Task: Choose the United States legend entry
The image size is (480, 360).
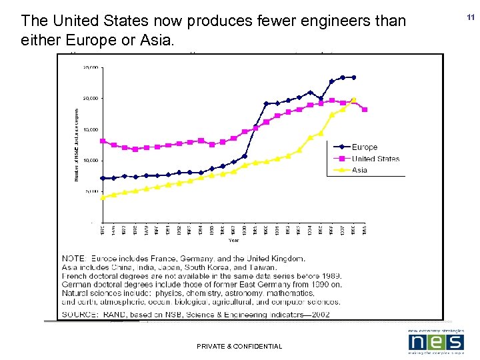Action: point(375,159)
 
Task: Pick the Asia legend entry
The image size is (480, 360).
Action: point(359,170)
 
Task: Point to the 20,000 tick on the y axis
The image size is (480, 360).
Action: point(91,98)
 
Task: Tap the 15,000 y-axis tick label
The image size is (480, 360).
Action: point(91,129)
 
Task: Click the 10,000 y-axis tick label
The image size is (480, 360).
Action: point(91,161)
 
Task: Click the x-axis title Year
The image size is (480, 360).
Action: point(234,240)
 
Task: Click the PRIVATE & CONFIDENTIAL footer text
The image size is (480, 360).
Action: point(239,346)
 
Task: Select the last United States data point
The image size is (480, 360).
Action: point(365,109)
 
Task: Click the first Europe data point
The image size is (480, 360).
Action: point(103,178)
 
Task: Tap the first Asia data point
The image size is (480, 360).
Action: point(103,197)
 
